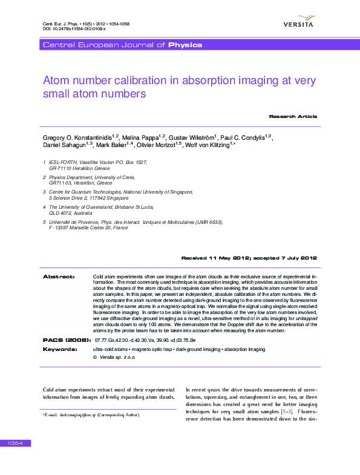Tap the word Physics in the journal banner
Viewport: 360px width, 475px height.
pyautogui.click(x=185, y=45)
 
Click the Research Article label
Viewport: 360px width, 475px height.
pyautogui.click(x=293, y=116)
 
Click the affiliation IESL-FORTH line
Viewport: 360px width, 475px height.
pyautogui.click(x=97, y=162)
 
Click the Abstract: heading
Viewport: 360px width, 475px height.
pyautogui.click(x=59, y=277)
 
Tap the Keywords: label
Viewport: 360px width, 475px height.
pyautogui.click(x=59, y=350)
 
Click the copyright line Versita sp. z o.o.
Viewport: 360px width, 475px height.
pyautogui.click(x=114, y=358)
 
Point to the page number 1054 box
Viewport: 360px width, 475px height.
pyautogui.click(x=15, y=444)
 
